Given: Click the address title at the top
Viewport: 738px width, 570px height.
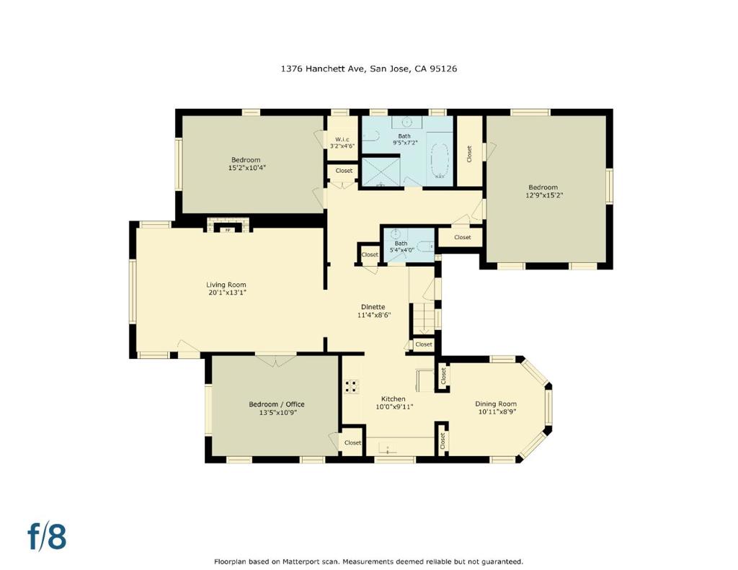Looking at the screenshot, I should pyautogui.click(x=369, y=69).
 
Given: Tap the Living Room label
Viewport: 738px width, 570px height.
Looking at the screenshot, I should pyautogui.click(x=226, y=285).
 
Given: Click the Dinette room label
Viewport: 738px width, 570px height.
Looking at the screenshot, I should pyautogui.click(x=373, y=307).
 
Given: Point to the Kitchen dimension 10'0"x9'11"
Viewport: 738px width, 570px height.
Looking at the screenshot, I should pyautogui.click(x=394, y=406).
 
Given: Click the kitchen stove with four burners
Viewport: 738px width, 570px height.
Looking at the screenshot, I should pyautogui.click(x=352, y=386).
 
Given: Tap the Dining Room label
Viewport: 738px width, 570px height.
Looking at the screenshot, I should pyautogui.click(x=497, y=404).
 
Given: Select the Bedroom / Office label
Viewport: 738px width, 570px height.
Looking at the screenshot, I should pyautogui.click(x=272, y=404).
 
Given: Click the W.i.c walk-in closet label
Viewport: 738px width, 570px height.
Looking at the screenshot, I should pyautogui.click(x=342, y=139).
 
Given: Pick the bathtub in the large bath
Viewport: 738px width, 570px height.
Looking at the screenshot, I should pyautogui.click(x=438, y=160).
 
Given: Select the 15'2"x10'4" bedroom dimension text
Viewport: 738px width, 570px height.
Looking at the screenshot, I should pyautogui.click(x=246, y=168).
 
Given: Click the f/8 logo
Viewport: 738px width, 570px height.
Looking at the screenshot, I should pyautogui.click(x=47, y=537).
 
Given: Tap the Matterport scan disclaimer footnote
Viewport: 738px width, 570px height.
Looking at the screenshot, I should pyautogui.click(x=368, y=561).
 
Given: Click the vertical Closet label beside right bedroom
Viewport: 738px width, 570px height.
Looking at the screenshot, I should pyautogui.click(x=469, y=153).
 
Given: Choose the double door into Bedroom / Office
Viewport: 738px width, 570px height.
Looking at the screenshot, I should pyautogui.click(x=275, y=359).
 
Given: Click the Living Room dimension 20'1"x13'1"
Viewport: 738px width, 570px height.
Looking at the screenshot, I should pyautogui.click(x=226, y=293).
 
